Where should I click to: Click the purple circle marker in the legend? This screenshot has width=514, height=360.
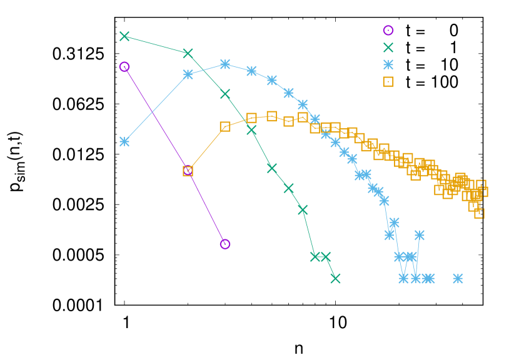pyautogui.click(x=388, y=30)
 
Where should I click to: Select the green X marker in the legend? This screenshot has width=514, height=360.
pyautogui.click(x=388, y=47)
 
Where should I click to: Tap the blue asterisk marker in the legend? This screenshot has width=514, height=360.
pyautogui.click(x=388, y=64)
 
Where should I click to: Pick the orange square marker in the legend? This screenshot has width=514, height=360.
pyautogui.click(x=388, y=82)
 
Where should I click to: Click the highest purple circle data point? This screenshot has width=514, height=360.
pyautogui.click(x=124, y=67)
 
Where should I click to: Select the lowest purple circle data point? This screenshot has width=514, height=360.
pyautogui.click(x=225, y=244)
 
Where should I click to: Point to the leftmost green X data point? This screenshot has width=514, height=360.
pyautogui.click(x=124, y=36)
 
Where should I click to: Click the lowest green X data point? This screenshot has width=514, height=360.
pyautogui.click(x=335, y=278)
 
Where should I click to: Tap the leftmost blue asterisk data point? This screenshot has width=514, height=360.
pyautogui.click(x=124, y=141)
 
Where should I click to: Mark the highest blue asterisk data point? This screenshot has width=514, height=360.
pyautogui.click(x=225, y=64)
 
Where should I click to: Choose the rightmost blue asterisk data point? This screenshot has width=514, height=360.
pyautogui.click(x=458, y=278)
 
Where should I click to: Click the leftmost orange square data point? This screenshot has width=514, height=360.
pyautogui.click(x=188, y=171)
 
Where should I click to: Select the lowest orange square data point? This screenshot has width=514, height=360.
pyautogui.click(x=479, y=213)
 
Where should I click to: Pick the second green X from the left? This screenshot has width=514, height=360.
pyautogui.click(x=188, y=53)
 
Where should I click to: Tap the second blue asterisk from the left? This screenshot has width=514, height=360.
pyautogui.click(x=188, y=74)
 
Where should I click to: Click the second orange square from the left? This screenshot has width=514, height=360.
pyautogui.click(x=225, y=126)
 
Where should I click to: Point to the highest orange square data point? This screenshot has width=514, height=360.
pyautogui.click(x=271, y=116)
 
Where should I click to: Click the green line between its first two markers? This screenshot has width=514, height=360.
pyautogui.click(x=156, y=45)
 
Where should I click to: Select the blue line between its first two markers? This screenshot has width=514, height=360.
pyautogui.click(x=156, y=107)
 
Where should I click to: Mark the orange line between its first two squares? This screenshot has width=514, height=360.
pyautogui.click(x=206, y=149)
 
